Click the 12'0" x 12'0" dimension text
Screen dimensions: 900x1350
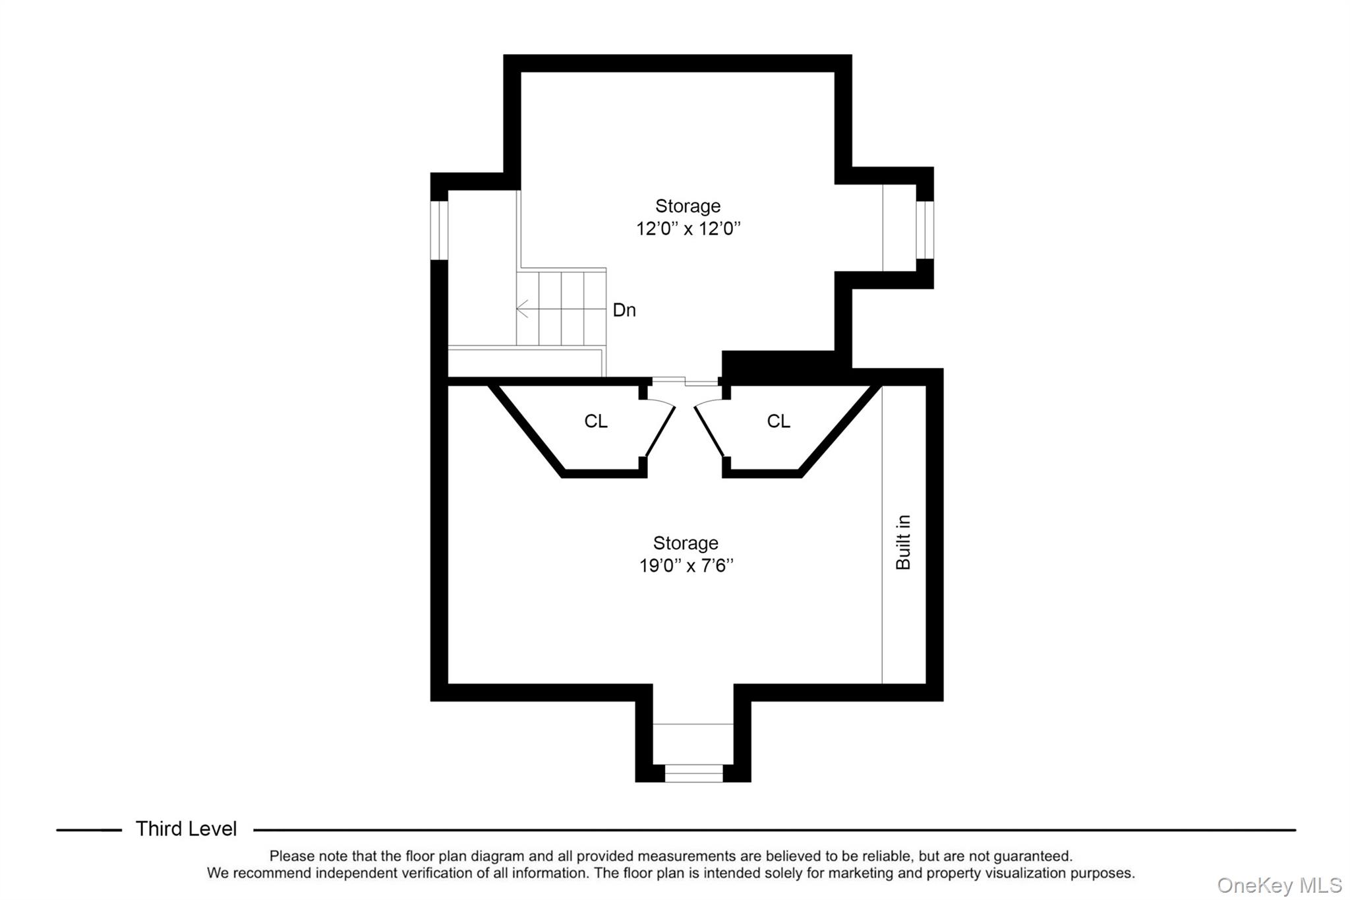pos(688,229)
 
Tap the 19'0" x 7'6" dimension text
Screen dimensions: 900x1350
pos(686,566)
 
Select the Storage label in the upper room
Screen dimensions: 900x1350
pos(688,206)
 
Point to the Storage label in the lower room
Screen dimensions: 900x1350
pos(686,543)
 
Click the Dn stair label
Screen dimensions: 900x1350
pos(624,310)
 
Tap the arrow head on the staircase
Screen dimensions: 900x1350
pos(521,308)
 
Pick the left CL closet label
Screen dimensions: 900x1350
pos(596,421)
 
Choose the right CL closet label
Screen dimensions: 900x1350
pos(778,421)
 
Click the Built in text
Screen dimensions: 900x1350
pos(903,542)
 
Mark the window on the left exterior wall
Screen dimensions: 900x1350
pos(439,229)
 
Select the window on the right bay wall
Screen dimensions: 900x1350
pos(925,229)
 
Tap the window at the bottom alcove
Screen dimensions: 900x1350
pos(693,773)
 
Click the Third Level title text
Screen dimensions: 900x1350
pos(186,829)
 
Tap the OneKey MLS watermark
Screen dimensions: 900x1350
pos(1279,885)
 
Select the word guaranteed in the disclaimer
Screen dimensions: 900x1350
pos(1032,856)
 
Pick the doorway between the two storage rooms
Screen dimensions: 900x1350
pos(686,381)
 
